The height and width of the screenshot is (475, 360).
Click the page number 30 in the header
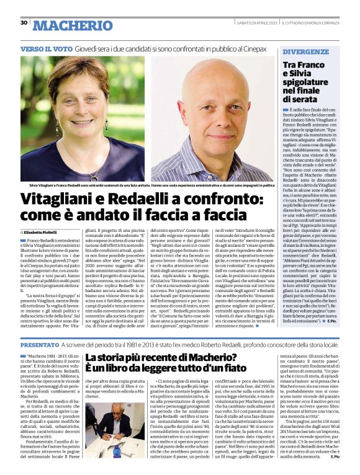tap(24, 23)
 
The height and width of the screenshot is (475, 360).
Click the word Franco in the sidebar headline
tap(312, 64)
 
